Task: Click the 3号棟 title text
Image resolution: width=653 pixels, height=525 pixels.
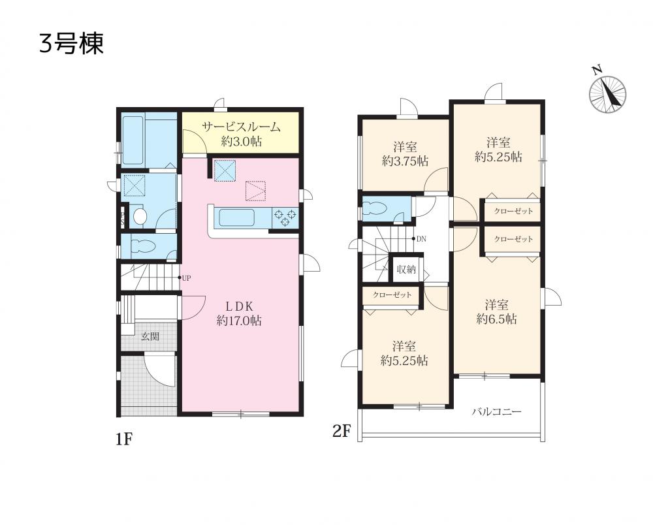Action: point(71,44)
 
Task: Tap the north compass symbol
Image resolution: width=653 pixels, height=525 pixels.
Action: point(607,93)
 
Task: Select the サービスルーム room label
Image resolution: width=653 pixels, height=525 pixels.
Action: point(241,127)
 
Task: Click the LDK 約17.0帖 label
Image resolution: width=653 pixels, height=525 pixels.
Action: point(239,313)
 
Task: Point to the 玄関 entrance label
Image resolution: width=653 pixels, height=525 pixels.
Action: point(150,336)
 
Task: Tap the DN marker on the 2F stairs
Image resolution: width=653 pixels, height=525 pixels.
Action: point(421,239)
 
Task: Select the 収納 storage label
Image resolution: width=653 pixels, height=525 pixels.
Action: point(406,270)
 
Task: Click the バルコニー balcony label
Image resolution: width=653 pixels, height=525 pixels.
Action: point(496,412)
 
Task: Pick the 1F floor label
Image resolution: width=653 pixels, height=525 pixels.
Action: point(123,439)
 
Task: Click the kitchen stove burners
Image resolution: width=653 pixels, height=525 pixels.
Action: point(285,217)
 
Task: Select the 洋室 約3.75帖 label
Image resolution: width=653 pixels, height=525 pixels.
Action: point(406,154)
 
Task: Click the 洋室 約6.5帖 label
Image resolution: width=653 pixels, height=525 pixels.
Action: point(496,312)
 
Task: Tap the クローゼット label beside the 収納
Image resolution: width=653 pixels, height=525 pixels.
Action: point(392,295)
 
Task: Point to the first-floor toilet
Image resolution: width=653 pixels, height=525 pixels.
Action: point(143,247)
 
